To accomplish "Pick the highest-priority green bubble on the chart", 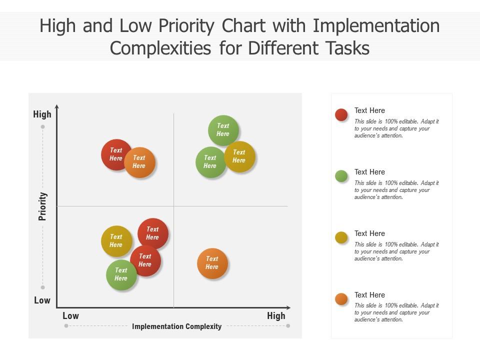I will pos(223,130).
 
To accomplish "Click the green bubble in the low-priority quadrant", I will pos(120,275).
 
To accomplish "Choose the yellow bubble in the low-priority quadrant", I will pos(116,241).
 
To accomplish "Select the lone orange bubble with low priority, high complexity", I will pos(212,263).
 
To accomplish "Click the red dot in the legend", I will pos(341,115).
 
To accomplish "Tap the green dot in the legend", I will pos(341,176).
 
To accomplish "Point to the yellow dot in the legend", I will pos(341,237).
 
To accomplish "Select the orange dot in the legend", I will pos(341,299).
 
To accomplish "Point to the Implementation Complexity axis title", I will pos(176,326).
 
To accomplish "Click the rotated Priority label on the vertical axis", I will pos(43,206).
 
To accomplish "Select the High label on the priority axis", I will pos(42,114).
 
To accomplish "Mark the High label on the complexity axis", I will pos(276,316).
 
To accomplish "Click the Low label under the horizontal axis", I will pos(70,316).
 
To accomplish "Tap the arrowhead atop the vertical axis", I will pos(57,107).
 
